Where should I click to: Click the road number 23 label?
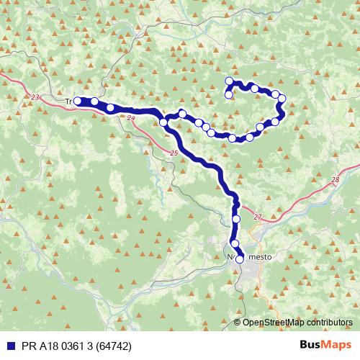(x=37, y=95)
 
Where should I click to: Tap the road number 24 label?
(x=130, y=117)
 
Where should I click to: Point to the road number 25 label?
(x=174, y=153)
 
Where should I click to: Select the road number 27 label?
(x=258, y=216)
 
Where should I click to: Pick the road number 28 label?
(x=336, y=180)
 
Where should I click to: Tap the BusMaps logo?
(x=325, y=345)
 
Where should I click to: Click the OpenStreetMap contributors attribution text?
(x=297, y=323)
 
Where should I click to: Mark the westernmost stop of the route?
(x=78, y=102)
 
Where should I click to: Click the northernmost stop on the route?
(x=229, y=81)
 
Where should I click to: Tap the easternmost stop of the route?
(x=282, y=99)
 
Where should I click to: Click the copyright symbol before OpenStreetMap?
(x=238, y=323)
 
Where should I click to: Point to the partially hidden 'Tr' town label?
(x=70, y=102)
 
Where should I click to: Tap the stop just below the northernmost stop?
(x=229, y=94)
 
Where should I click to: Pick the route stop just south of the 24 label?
(x=163, y=123)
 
